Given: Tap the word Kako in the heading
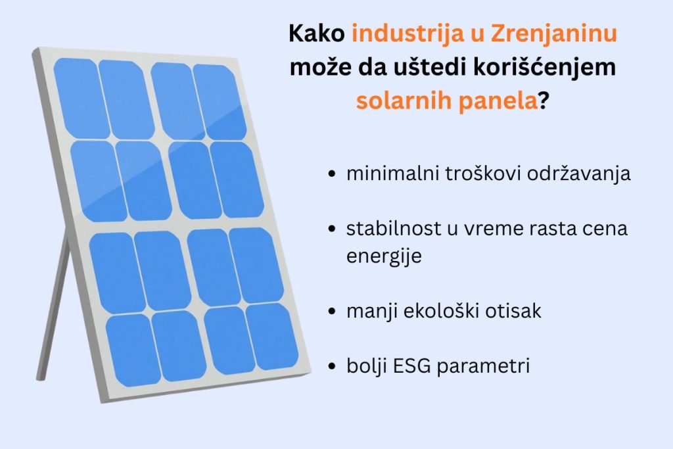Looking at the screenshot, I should pos(316,34).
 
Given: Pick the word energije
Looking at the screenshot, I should pos(384,256).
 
